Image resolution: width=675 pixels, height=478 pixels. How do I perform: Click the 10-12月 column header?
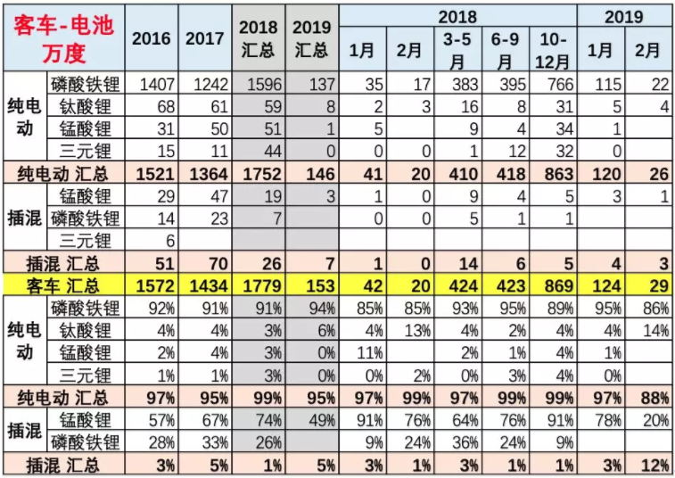pyautogui.click(x=552, y=50)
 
